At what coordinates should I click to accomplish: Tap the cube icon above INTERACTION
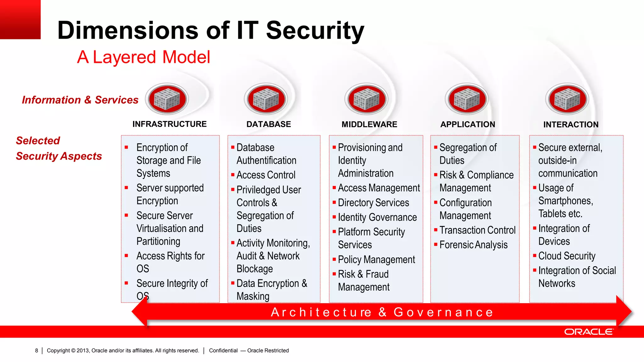[567, 99]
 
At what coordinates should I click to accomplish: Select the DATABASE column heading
[269, 124]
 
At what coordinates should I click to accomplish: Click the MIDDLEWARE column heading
[369, 124]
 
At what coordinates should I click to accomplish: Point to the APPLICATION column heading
[468, 124]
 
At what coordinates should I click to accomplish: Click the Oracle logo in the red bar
[588, 332]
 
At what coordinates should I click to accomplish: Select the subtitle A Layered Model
[144, 57]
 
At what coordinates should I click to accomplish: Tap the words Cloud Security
[567, 256]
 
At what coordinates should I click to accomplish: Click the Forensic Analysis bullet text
[473, 245]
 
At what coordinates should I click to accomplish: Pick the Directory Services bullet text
[373, 203]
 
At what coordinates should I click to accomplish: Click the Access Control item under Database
[266, 175]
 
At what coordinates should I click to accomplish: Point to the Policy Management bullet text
[376, 260]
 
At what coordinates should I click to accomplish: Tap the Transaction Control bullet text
[477, 230]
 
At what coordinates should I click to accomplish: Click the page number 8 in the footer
[36, 350]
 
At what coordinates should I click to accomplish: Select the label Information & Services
[80, 100]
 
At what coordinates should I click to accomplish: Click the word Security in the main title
[315, 30]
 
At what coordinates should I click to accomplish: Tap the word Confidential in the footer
[223, 350]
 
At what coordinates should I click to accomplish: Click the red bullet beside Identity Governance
[334, 217]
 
